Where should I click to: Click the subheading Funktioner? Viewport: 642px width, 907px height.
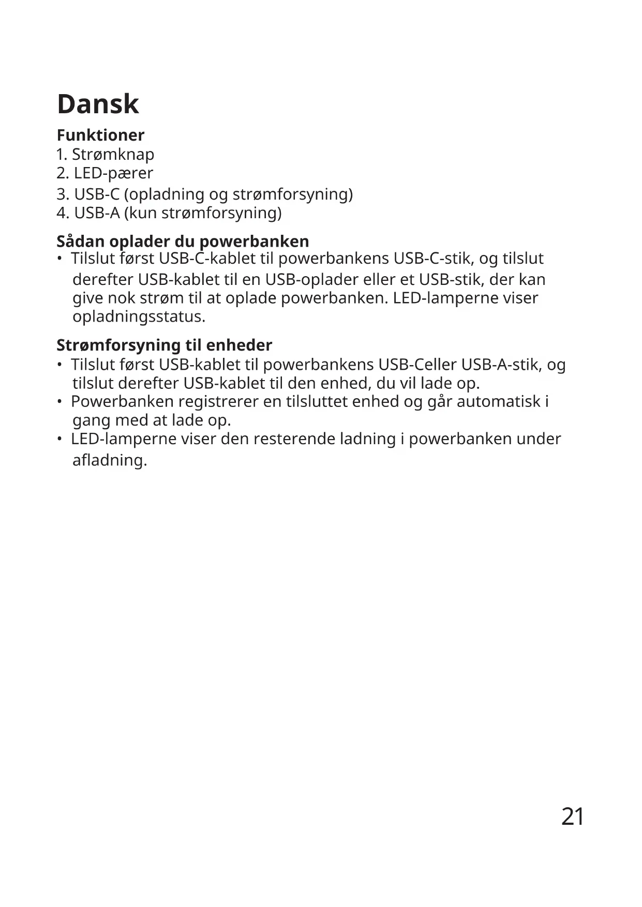100,135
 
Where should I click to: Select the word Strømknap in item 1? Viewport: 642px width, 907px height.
113,154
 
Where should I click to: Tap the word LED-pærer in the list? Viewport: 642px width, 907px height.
113,173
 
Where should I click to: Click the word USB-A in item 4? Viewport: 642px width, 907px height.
97,213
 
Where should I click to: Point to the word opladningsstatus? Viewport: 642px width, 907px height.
139,316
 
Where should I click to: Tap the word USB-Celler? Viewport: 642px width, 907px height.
417,365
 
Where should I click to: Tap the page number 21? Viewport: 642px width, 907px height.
573,817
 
